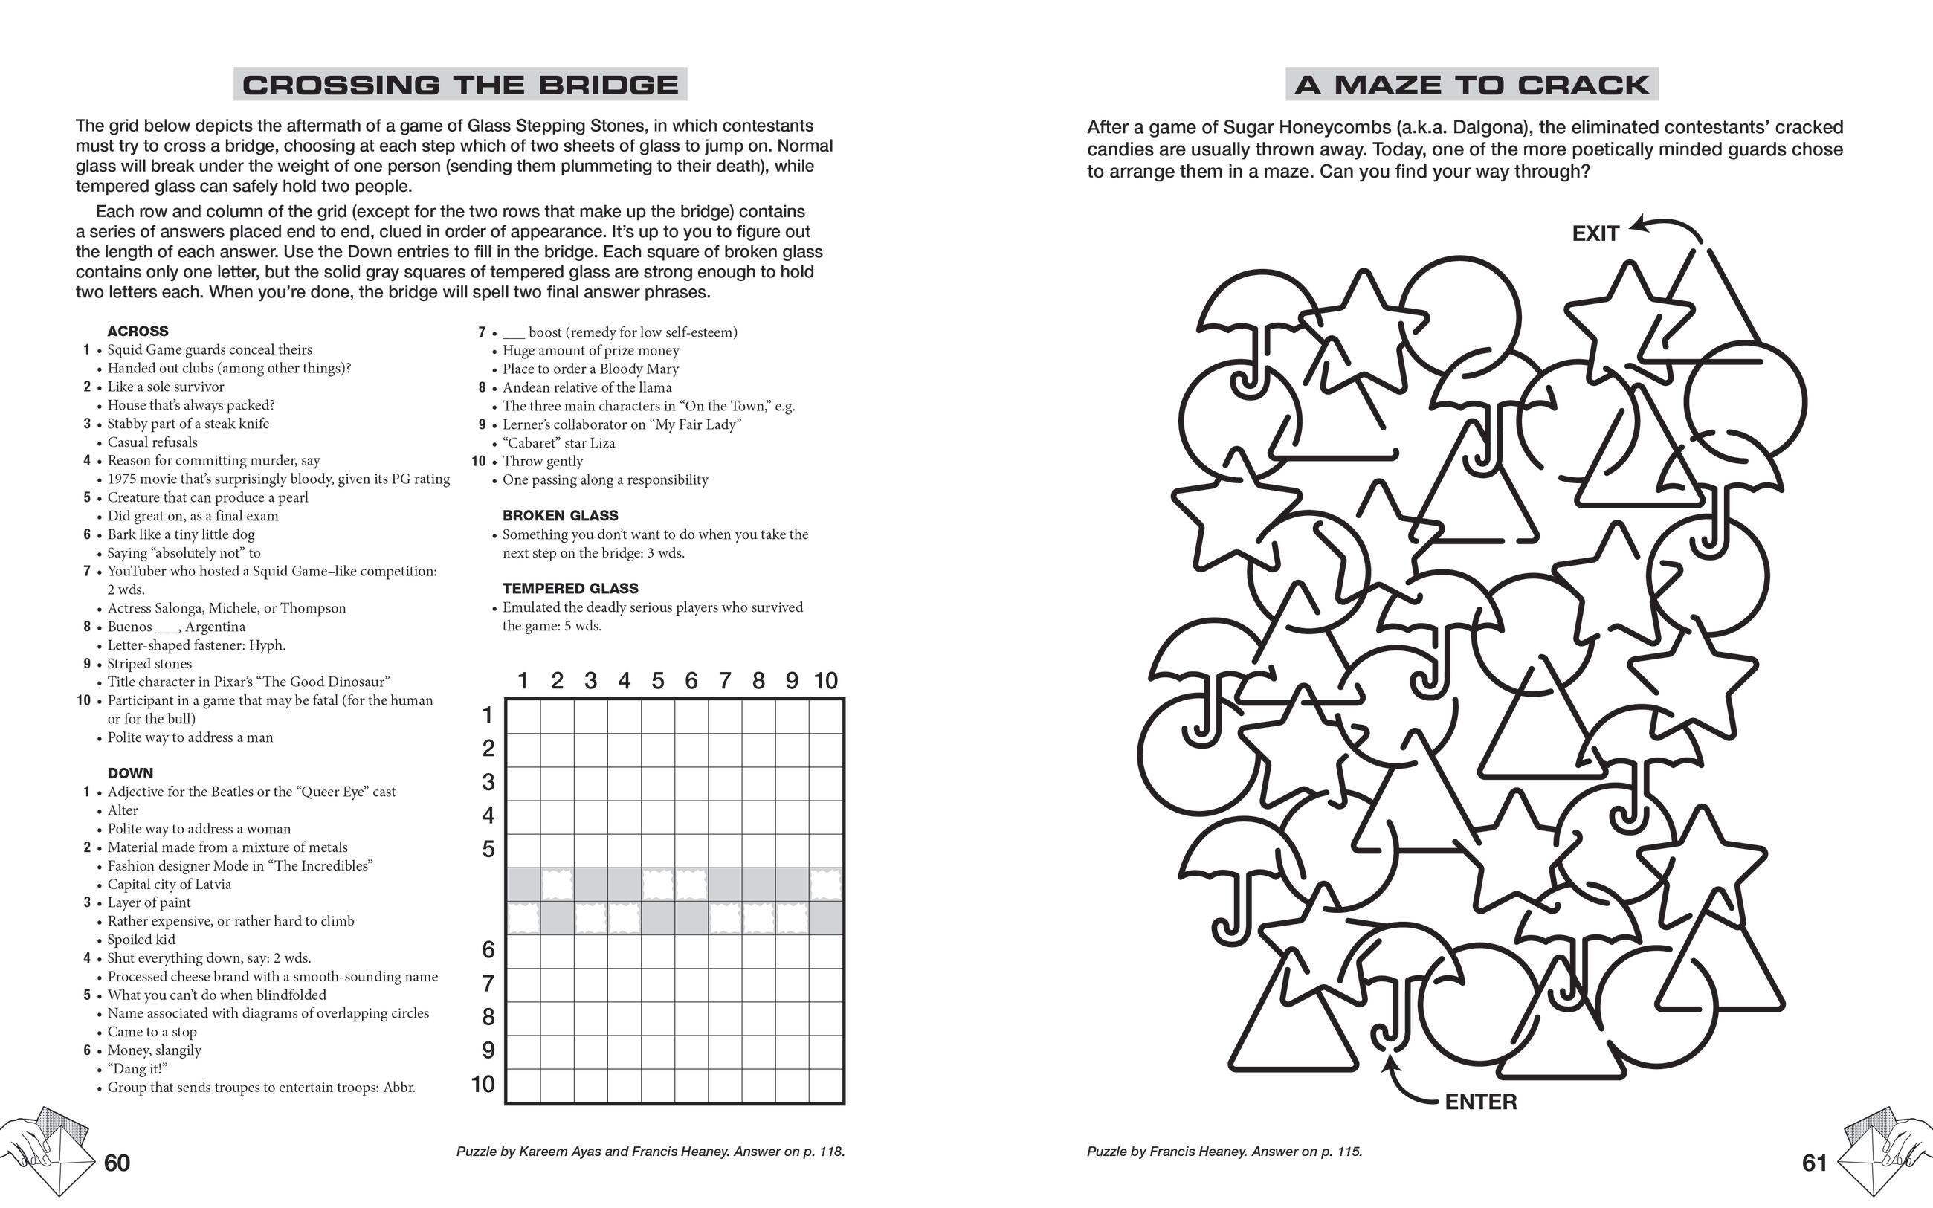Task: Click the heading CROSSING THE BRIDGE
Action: pos(460,85)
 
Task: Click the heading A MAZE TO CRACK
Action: pos(1471,85)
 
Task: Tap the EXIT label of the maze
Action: pos(1595,234)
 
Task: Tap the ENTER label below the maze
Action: pos(1481,1102)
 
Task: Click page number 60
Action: pos(117,1163)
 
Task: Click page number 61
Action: pos(1815,1163)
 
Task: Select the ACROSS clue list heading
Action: pos(138,332)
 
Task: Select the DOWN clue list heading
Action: pos(130,773)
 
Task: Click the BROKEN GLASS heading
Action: pos(560,516)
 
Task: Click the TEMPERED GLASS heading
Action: pos(570,589)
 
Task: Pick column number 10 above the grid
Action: pos(826,681)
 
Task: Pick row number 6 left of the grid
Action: pos(488,950)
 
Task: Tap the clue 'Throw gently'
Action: pos(543,462)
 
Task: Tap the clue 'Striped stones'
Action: pos(150,664)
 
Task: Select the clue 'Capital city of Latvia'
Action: pos(170,885)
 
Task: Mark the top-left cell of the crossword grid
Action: pos(524,716)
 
